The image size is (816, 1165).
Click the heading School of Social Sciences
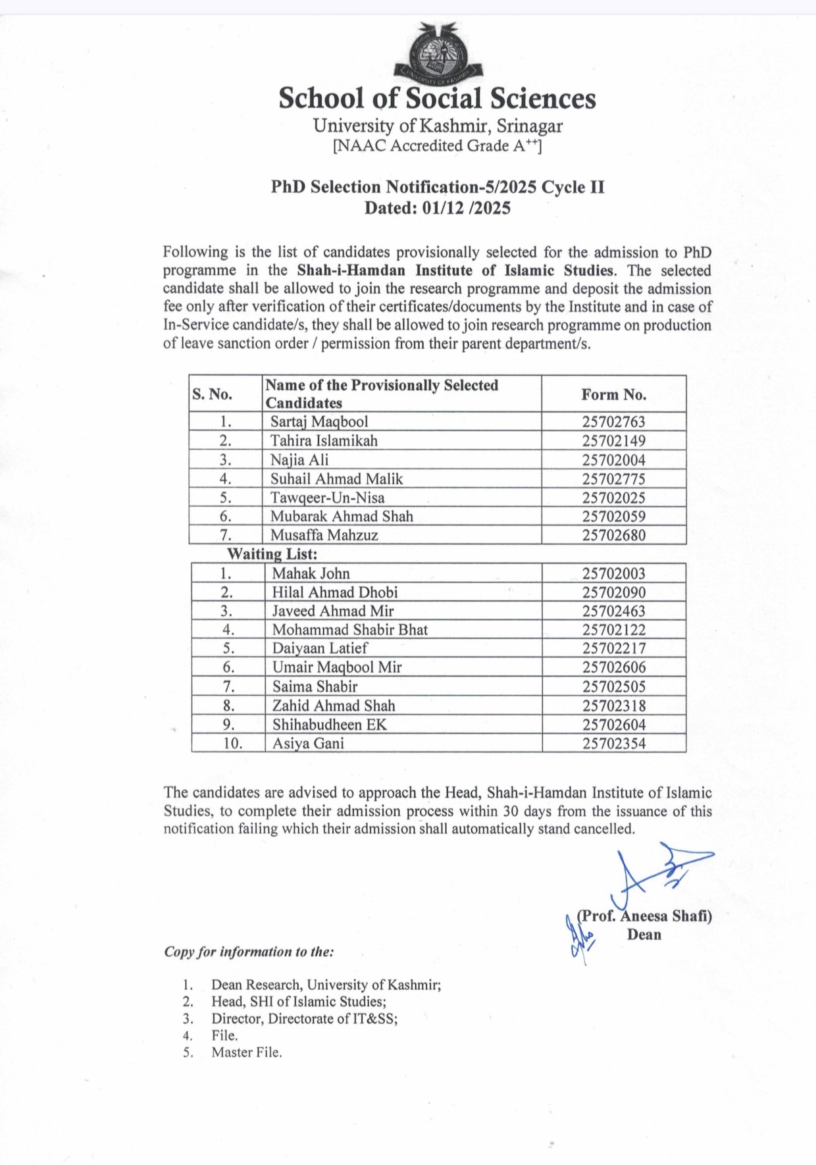[x=437, y=99]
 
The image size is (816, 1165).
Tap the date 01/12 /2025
[x=467, y=209]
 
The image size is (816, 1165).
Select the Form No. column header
[x=613, y=394]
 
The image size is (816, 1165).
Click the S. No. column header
[x=213, y=394]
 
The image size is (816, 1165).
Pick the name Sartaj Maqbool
[x=319, y=421]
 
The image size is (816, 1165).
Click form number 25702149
[x=613, y=440]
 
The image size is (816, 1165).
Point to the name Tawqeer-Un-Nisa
[x=327, y=498]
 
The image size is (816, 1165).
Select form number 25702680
[x=613, y=535]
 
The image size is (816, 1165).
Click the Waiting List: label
[x=272, y=554]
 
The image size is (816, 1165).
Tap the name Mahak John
[x=311, y=573]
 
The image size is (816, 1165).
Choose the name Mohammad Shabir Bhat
[x=350, y=630]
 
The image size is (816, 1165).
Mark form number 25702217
[x=614, y=648]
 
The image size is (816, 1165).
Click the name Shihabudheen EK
[x=330, y=725]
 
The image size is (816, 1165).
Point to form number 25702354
[x=614, y=744]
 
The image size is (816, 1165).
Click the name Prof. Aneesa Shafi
[x=644, y=916]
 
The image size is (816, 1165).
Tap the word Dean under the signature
[x=644, y=935]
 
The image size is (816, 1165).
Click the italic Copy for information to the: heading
[x=249, y=952]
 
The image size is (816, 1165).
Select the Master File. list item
[x=246, y=1052]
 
